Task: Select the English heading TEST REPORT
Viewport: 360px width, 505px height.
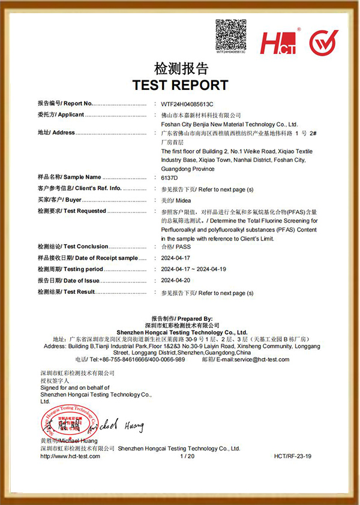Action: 180,85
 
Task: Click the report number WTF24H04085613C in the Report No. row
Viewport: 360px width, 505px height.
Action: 187,103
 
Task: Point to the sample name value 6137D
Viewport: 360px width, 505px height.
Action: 170,177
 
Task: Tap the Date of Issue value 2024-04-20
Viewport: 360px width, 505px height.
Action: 176,281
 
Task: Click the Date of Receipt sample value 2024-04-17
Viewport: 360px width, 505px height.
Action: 176,258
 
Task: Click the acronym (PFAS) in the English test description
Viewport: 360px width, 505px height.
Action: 283,230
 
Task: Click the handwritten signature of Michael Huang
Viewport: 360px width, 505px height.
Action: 118,426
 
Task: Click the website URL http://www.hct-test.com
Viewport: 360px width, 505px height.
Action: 70,456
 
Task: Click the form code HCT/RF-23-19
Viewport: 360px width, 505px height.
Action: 293,456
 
